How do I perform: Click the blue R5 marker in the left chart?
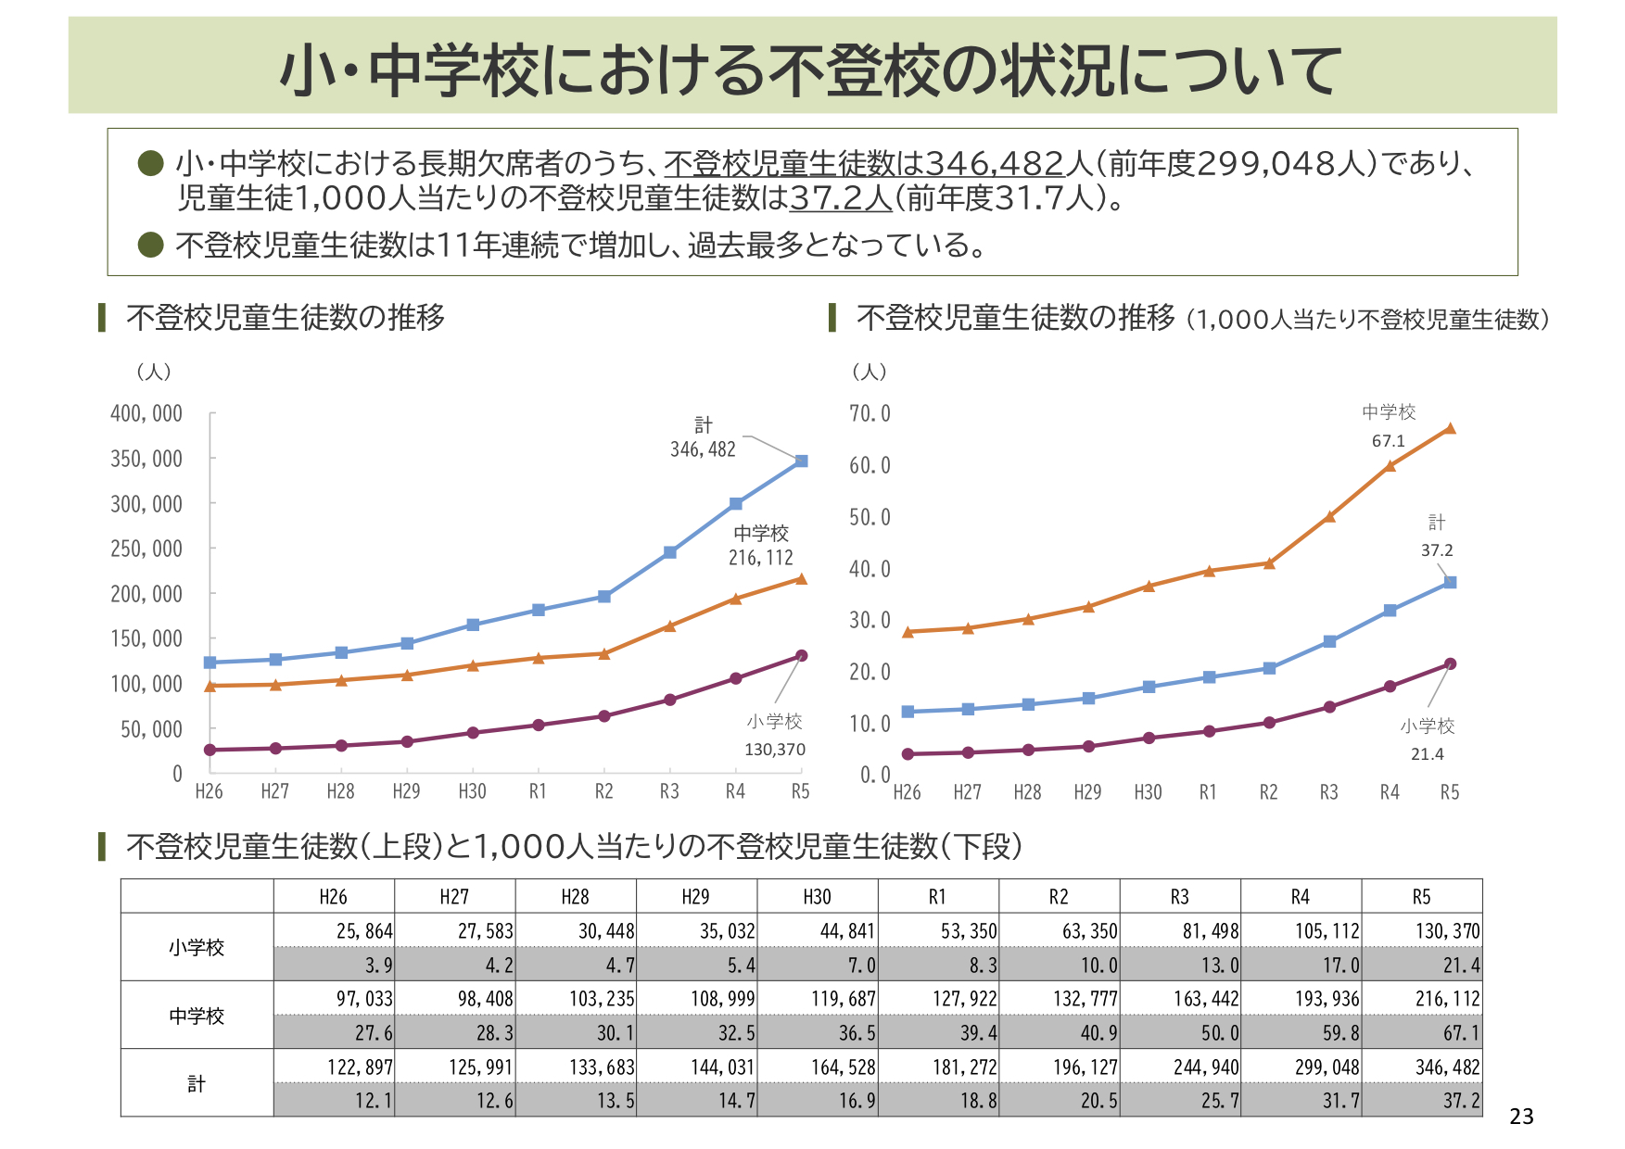(x=801, y=461)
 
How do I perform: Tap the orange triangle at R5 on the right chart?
(x=1450, y=429)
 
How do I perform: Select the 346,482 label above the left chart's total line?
(x=703, y=449)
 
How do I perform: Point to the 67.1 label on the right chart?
(x=1388, y=441)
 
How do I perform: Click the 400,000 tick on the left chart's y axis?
(x=146, y=413)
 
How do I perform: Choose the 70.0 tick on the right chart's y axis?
(x=870, y=413)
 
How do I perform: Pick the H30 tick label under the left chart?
(x=472, y=791)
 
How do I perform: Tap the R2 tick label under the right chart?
(x=1268, y=792)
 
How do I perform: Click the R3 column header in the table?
(x=1179, y=897)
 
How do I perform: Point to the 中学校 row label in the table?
(x=197, y=1016)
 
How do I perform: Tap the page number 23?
(x=1521, y=1117)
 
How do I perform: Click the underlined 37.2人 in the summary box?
(x=840, y=197)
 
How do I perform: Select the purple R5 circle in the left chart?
(x=801, y=656)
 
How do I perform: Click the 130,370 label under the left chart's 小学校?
(x=775, y=750)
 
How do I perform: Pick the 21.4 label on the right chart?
(x=1427, y=754)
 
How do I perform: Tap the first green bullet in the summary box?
(x=151, y=163)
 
